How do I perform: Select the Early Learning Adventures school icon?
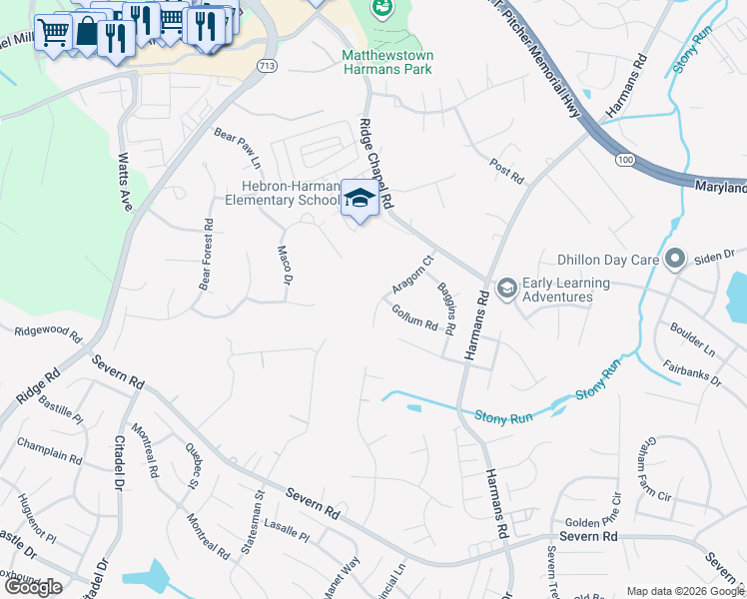click(506, 289)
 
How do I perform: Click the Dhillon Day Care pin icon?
click(675, 260)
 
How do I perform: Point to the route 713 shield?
click(266, 65)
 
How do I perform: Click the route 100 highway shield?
click(624, 160)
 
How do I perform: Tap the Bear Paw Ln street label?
click(238, 147)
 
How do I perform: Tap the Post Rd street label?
click(507, 171)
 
